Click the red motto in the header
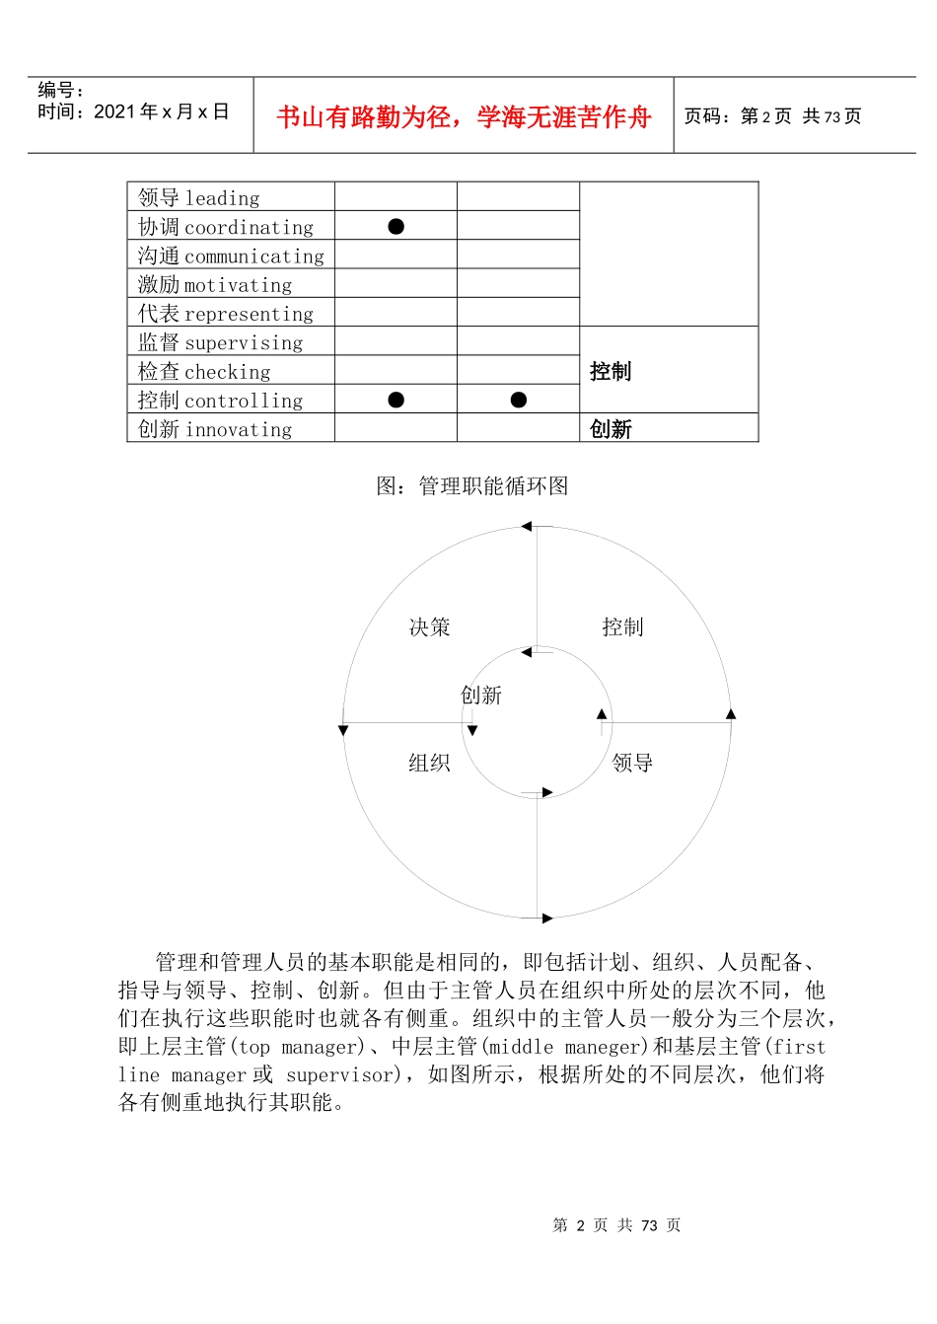click(464, 117)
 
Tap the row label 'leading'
click(199, 198)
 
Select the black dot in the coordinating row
click(396, 227)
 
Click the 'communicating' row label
click(231, 257)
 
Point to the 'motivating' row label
click(215, 285)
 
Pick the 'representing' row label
click(226, 314)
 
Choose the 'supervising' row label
click(221, 342)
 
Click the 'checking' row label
click(204, 372)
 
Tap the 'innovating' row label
click(215, 429)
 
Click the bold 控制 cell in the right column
click(611, 372)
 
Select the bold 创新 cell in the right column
click(611, 429)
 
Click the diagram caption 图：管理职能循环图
click(472, 485)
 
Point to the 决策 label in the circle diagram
click(429, 627)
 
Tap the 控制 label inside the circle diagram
click(622, 627)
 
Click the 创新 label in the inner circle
click(481, 696)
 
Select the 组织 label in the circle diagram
click(429, 763)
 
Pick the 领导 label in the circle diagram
click(632, 763)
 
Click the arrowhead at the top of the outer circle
click(527, 527)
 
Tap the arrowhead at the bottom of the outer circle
click(547, 919)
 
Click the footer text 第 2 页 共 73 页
click(616, 1225)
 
